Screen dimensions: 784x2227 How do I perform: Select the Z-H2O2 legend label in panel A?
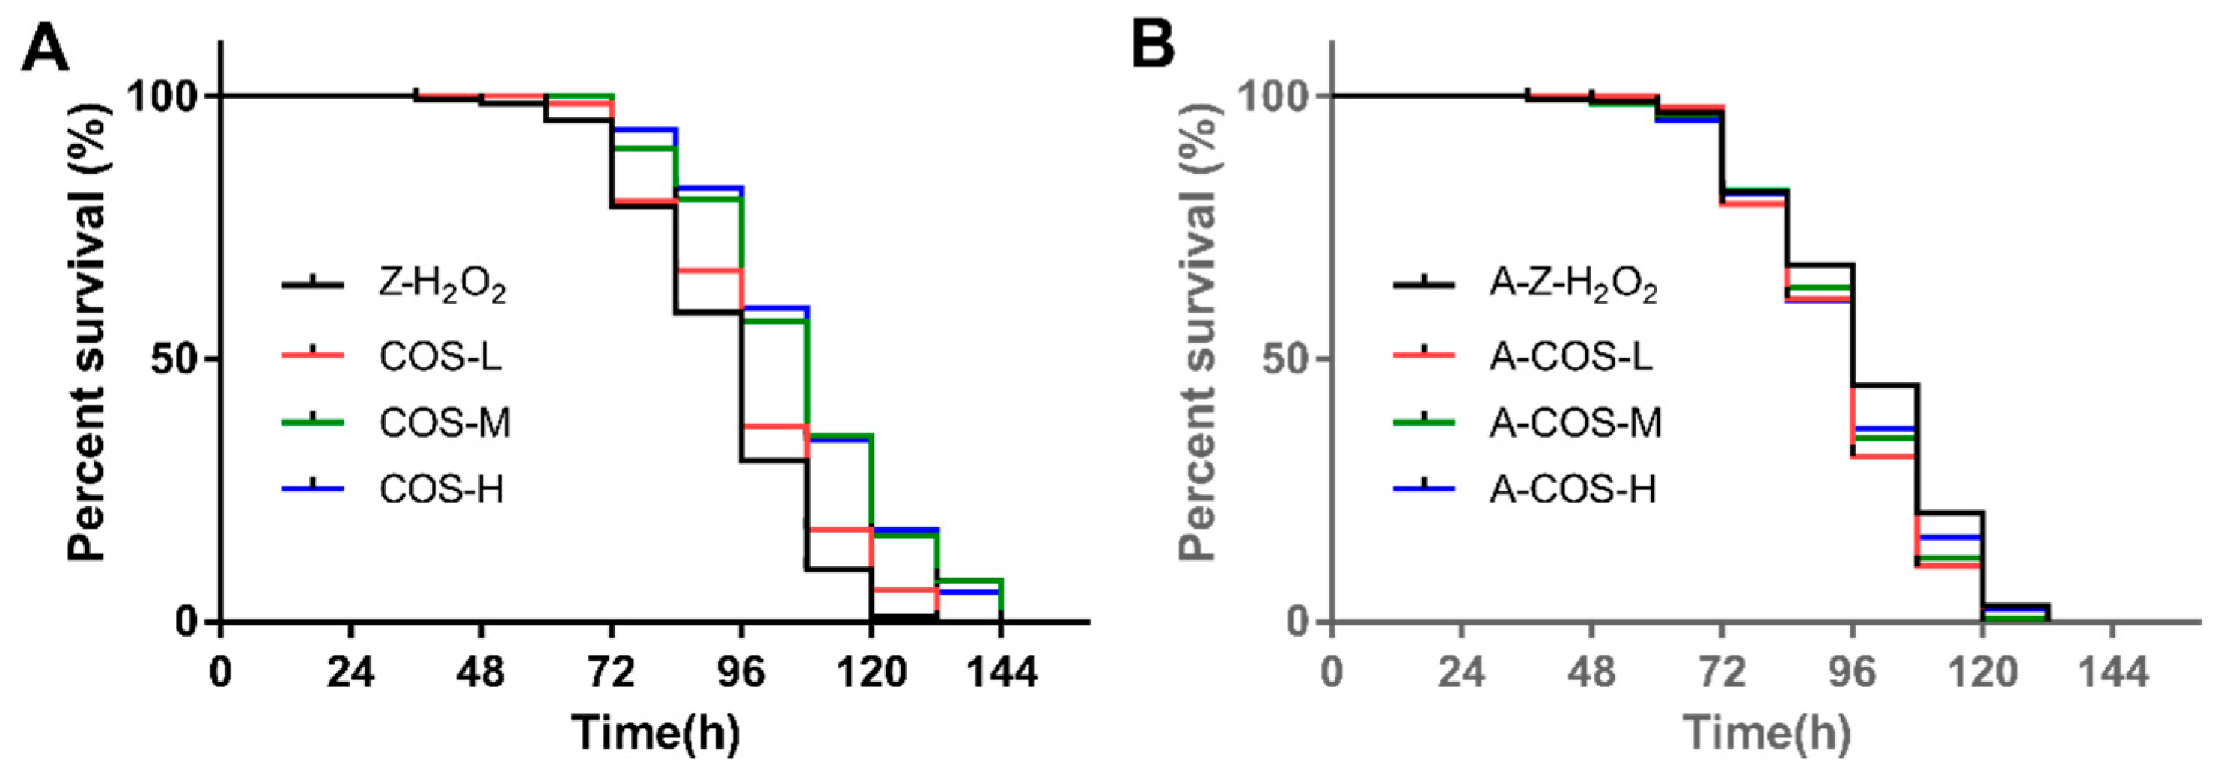pyautogui.click(x=442, y=286)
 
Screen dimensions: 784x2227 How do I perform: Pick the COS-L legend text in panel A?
pyautogui.click(x=440, y=356)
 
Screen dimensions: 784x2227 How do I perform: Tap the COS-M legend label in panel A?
pyautogui.click(x=445, y=423)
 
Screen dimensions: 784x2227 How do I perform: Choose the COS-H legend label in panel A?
pyautogui.click(x=441, y=490)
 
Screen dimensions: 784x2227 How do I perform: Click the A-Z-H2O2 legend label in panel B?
pyautogui.click(x=1573, y=286)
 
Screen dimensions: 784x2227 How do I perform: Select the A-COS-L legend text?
pyautogui.click(x=1570, y=356)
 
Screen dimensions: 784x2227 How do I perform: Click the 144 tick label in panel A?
pyautogui.click(x=1000, y=671)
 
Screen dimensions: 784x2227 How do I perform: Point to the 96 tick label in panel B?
pyautogui.click(x=1852, y=671)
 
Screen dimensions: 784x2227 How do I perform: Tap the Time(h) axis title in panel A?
pyautogui.click(x=656, y=733)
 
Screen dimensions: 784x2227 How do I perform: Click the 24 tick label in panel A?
pyautogui.click(x=350, y=671)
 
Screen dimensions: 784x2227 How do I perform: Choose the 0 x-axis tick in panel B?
pyautogui.click(x=1332, y=671)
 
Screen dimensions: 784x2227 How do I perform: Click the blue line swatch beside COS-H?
pyautogui.click(x=313, y=489)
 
